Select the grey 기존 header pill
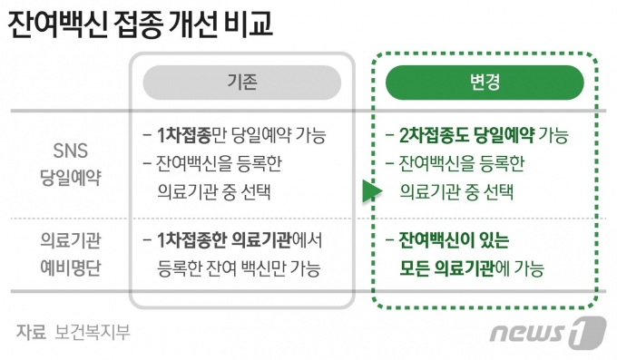241,82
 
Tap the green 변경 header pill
484,82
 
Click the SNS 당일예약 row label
70,163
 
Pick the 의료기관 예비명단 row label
70,255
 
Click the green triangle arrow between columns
368,191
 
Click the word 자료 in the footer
30,332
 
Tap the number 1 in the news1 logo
589,332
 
